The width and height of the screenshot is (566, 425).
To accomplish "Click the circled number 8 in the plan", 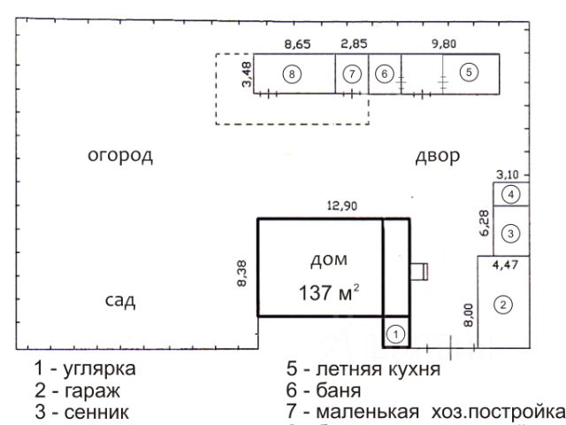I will click(291, 73).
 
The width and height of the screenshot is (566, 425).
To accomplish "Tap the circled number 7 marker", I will click(352, 73).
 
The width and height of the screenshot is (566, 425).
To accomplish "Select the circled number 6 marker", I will click(384, 73).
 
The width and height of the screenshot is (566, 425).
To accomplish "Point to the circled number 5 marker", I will click(469, 71).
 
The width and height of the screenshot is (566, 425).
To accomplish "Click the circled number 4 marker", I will click(510, 194).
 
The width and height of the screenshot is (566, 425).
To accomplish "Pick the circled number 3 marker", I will click(510, 232).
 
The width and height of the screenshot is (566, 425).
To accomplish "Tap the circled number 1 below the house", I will click(397, 334).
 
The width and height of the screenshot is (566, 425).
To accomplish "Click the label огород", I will click(120, 157).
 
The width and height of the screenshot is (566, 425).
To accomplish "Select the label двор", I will click(438, 157).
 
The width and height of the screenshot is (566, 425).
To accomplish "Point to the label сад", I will click(120, 300).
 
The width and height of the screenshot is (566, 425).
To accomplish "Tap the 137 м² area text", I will click(327, 293).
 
